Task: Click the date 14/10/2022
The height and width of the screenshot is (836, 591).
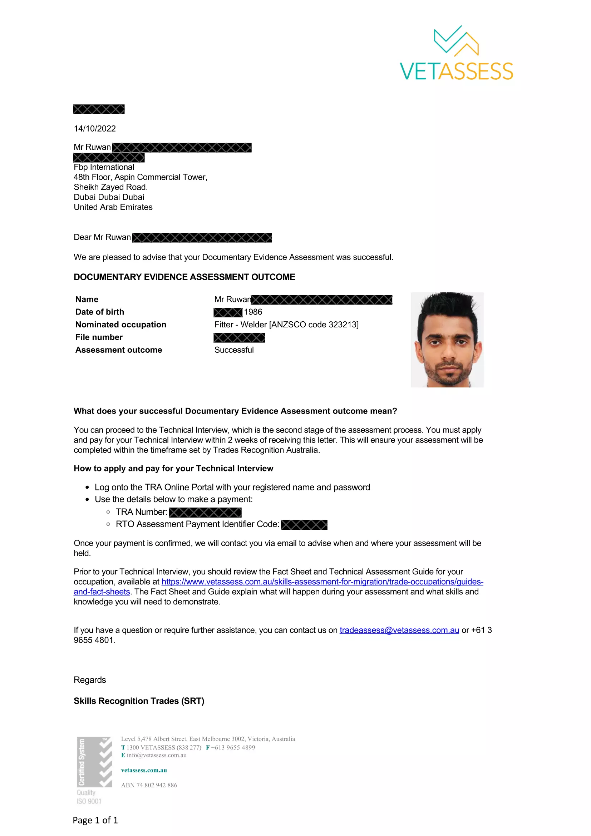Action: [95, 129]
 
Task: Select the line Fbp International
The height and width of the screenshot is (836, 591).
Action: [104, 167]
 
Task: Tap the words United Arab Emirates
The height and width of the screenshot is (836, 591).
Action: [113, 207]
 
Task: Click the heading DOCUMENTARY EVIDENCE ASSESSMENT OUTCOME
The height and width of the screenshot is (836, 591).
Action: [184, 277]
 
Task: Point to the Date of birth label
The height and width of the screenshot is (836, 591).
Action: [99, 312]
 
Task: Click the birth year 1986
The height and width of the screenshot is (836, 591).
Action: [253, 312]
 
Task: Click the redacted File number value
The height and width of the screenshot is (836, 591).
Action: [239, 338]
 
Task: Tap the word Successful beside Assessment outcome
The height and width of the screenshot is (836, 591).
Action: [234, 350]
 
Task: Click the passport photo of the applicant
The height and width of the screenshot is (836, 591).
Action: [447, 339]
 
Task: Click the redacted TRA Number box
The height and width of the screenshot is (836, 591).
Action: [205, 512]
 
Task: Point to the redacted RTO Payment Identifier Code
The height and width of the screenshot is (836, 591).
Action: [304, 525]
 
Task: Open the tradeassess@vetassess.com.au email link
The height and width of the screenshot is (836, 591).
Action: [399, 630]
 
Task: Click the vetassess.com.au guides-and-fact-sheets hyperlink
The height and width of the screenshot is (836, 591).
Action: [322, 582]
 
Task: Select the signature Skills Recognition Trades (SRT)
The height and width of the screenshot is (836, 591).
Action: [139, 701]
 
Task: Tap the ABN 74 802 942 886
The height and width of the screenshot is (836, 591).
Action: [149, 785]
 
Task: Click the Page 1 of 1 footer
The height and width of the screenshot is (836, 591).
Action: [95, 820]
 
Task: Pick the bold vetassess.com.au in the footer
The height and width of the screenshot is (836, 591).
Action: [144, 770]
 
